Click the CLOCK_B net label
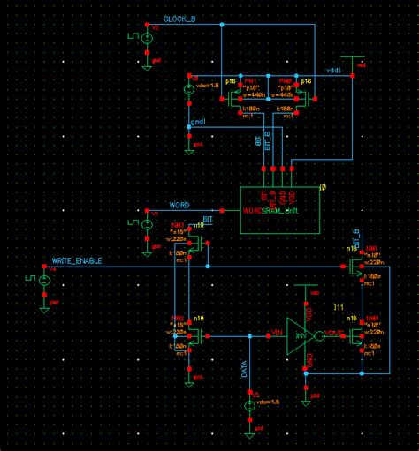click(180, 19)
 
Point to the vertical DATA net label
click(245, 369)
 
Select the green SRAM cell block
click(278, 209)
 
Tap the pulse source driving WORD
click(147, 222)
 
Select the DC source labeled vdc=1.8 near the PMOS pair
click(188, 89)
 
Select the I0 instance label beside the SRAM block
click(323, 187)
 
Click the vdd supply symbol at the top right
click(356, 60)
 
